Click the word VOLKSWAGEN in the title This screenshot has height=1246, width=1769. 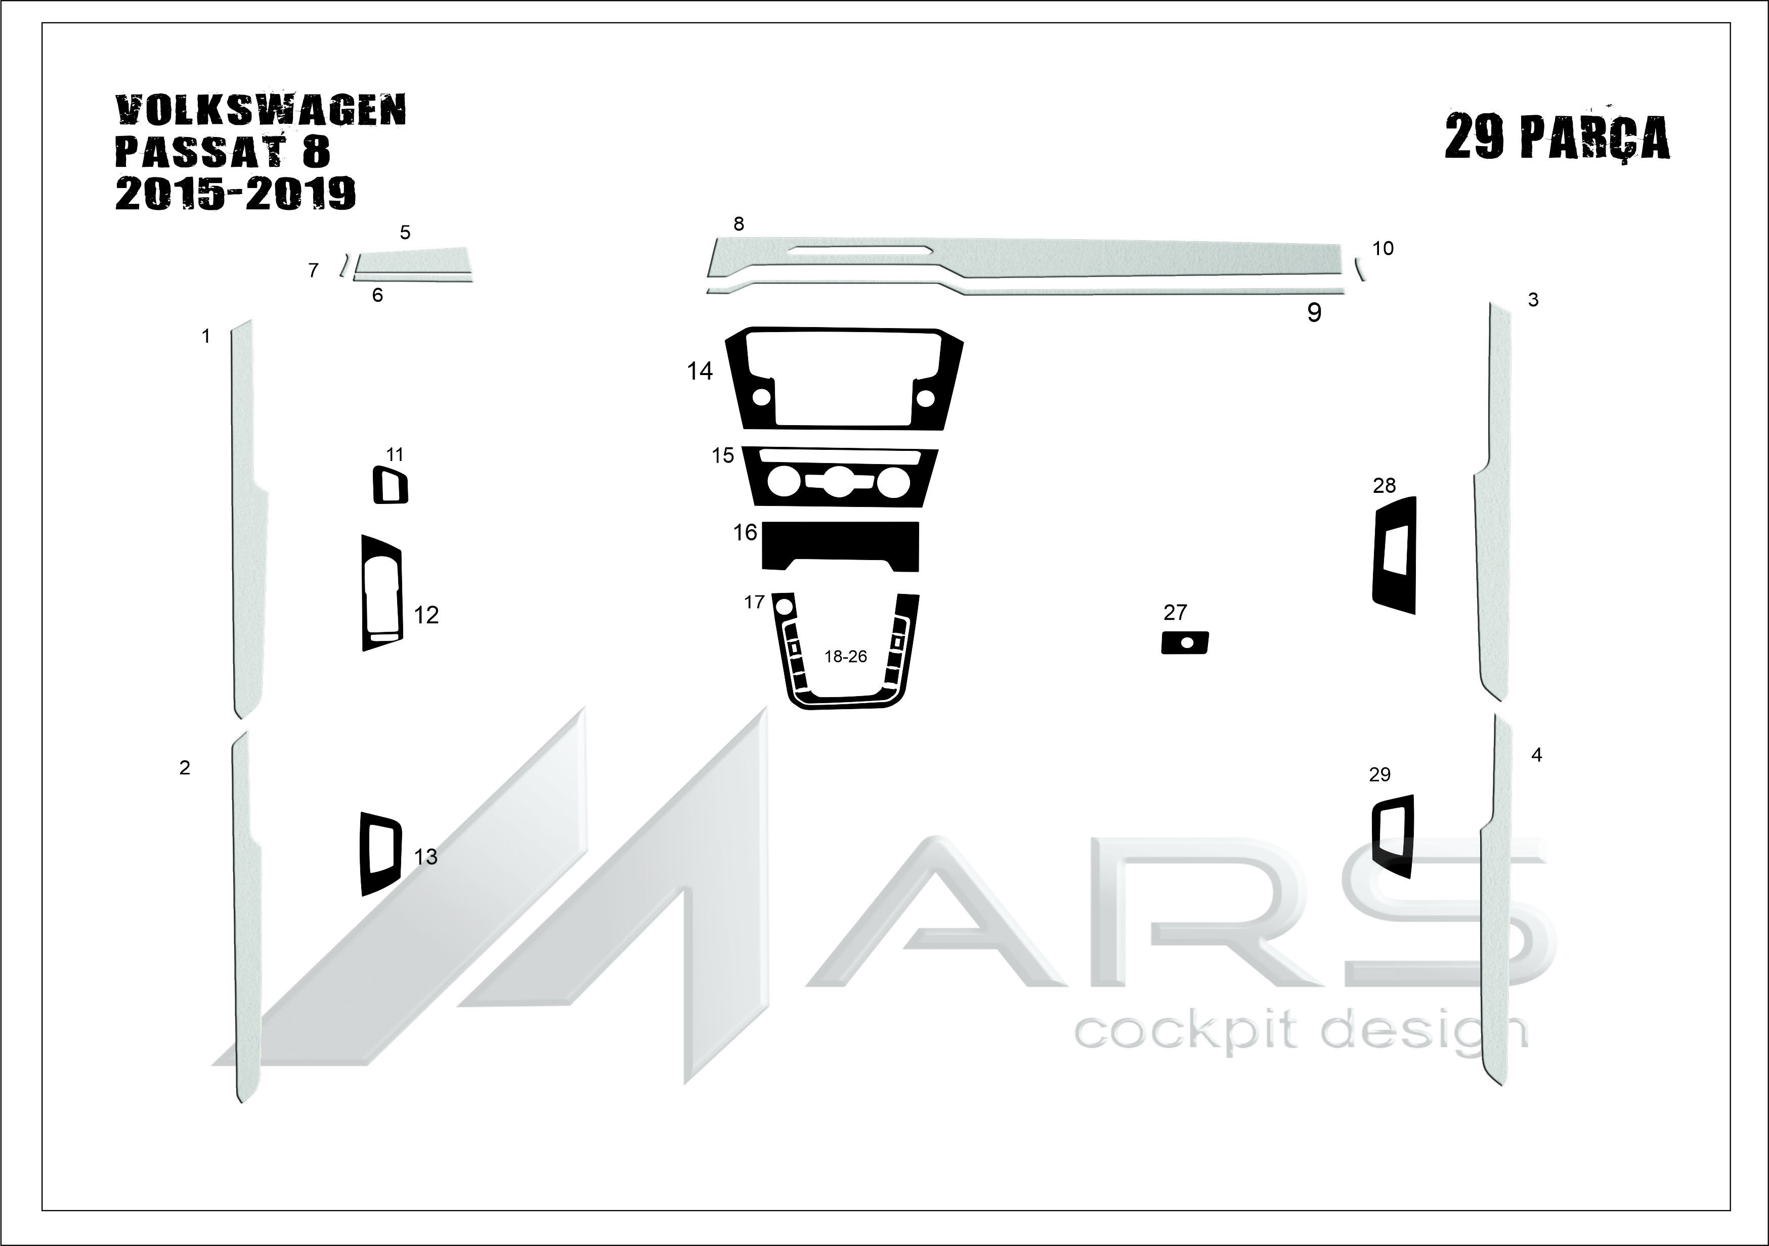click(x=261, y=111)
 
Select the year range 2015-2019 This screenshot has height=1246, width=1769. click(x=236, y=193)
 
